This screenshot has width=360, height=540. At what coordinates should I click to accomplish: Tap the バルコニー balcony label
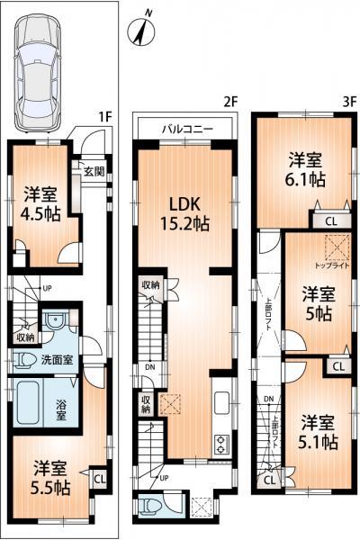(x=187, y=129)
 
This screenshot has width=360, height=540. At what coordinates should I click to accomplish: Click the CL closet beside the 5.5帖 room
(x=98, y=479)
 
